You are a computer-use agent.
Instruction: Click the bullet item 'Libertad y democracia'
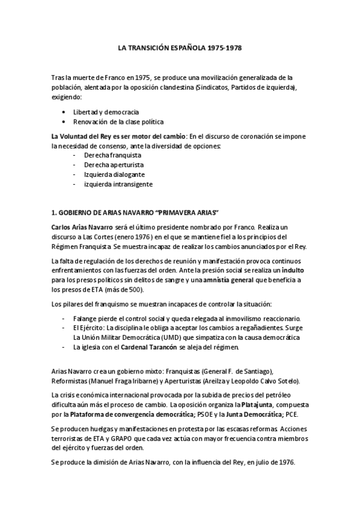pos(106,112)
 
